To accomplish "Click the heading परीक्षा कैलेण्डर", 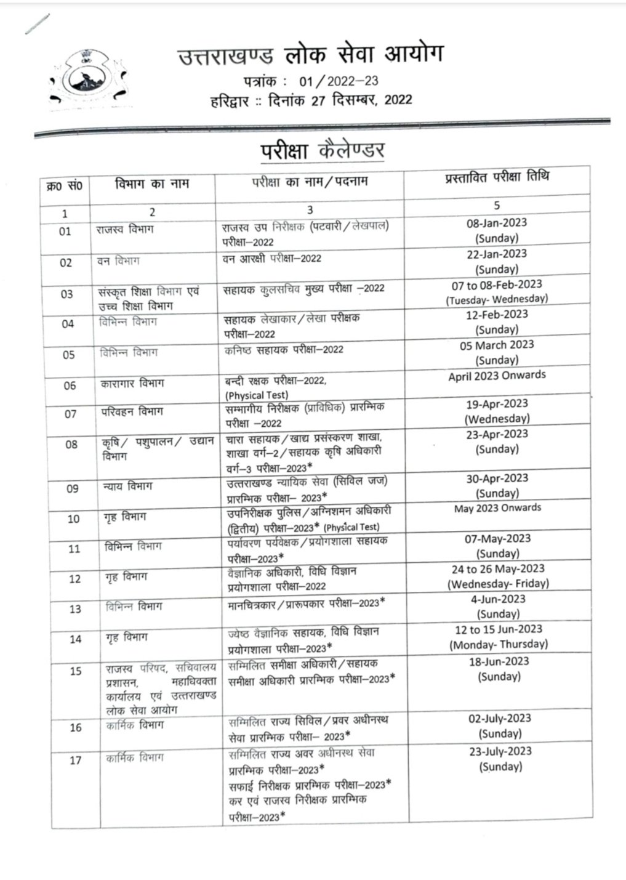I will [323, 150].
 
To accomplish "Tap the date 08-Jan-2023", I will [496, 223].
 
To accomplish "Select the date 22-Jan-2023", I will [496, 254].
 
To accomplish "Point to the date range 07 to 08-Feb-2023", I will [497, 285].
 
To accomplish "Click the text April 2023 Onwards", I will [497, 375].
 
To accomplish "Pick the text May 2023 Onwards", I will [497, 508].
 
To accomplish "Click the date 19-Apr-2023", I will [497, 404].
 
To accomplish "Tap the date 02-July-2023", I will [500, 718].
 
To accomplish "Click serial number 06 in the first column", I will [70, 386].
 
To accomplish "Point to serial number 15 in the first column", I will [75, 671].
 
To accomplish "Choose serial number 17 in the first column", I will [75, 760].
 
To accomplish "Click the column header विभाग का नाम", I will [152, 184].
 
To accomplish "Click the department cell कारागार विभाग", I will [132, 383].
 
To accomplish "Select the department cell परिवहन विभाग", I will [132, 411].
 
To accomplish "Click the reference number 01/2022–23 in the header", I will [339, 81].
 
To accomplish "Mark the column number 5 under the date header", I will [497, 206].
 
